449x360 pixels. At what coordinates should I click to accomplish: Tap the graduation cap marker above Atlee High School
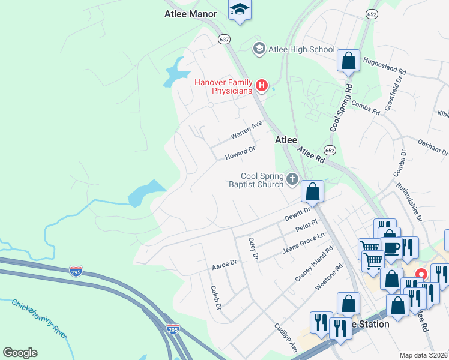[x=240, y=10]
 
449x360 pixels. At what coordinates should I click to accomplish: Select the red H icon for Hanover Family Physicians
[x=261, y=86]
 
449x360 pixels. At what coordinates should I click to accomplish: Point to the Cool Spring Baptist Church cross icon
[x=292, y=178]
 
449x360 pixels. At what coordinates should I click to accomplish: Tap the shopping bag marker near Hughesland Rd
[x=348, y=60]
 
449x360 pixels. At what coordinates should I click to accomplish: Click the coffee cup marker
[x=391, y=247]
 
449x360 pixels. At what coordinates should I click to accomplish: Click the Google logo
[x=20, y=353]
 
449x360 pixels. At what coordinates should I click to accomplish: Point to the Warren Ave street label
[x=247, y=130]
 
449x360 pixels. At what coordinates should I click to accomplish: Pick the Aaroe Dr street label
[x=225, y=263]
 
